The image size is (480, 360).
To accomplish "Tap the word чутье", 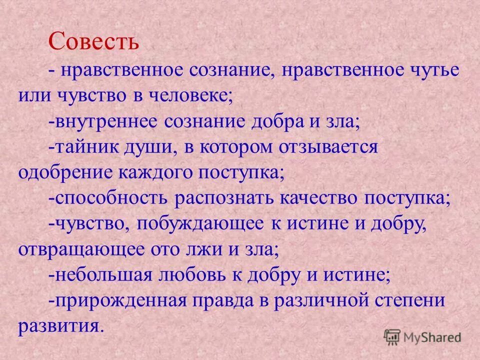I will tap(432, 69).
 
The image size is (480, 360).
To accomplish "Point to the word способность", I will tap(112, 198).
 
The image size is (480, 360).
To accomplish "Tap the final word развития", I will tap(59, 326).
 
